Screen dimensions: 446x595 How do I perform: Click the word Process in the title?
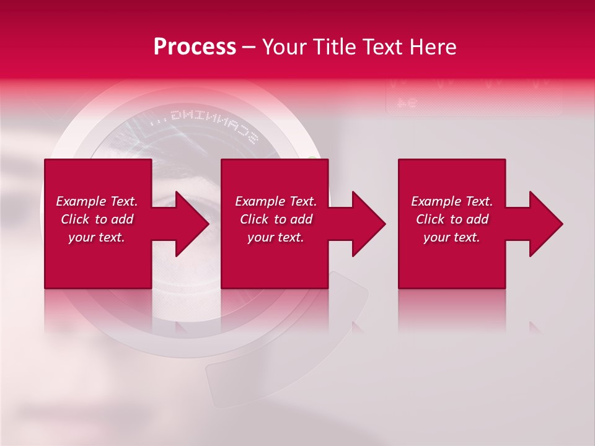[195, 47]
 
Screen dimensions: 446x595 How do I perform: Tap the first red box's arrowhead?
[192, 224]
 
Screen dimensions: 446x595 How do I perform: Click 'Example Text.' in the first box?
[97, 201]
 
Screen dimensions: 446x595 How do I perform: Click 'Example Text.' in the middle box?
[276, 201]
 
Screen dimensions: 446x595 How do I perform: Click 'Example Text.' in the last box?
[452, 201]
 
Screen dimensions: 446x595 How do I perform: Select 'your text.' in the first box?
[97, 237]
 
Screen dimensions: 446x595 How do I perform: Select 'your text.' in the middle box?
[276, 237]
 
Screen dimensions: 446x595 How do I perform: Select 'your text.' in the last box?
[452, 237]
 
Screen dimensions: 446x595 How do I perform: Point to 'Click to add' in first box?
[97, 219]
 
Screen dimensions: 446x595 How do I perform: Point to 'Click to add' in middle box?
[276, 219]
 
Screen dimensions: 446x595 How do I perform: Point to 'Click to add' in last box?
[452, 219]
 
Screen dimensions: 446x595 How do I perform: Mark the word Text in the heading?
[382, 47]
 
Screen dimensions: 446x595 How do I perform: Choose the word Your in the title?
[285, 47]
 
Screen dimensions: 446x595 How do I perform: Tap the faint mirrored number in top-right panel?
[406, 103]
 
